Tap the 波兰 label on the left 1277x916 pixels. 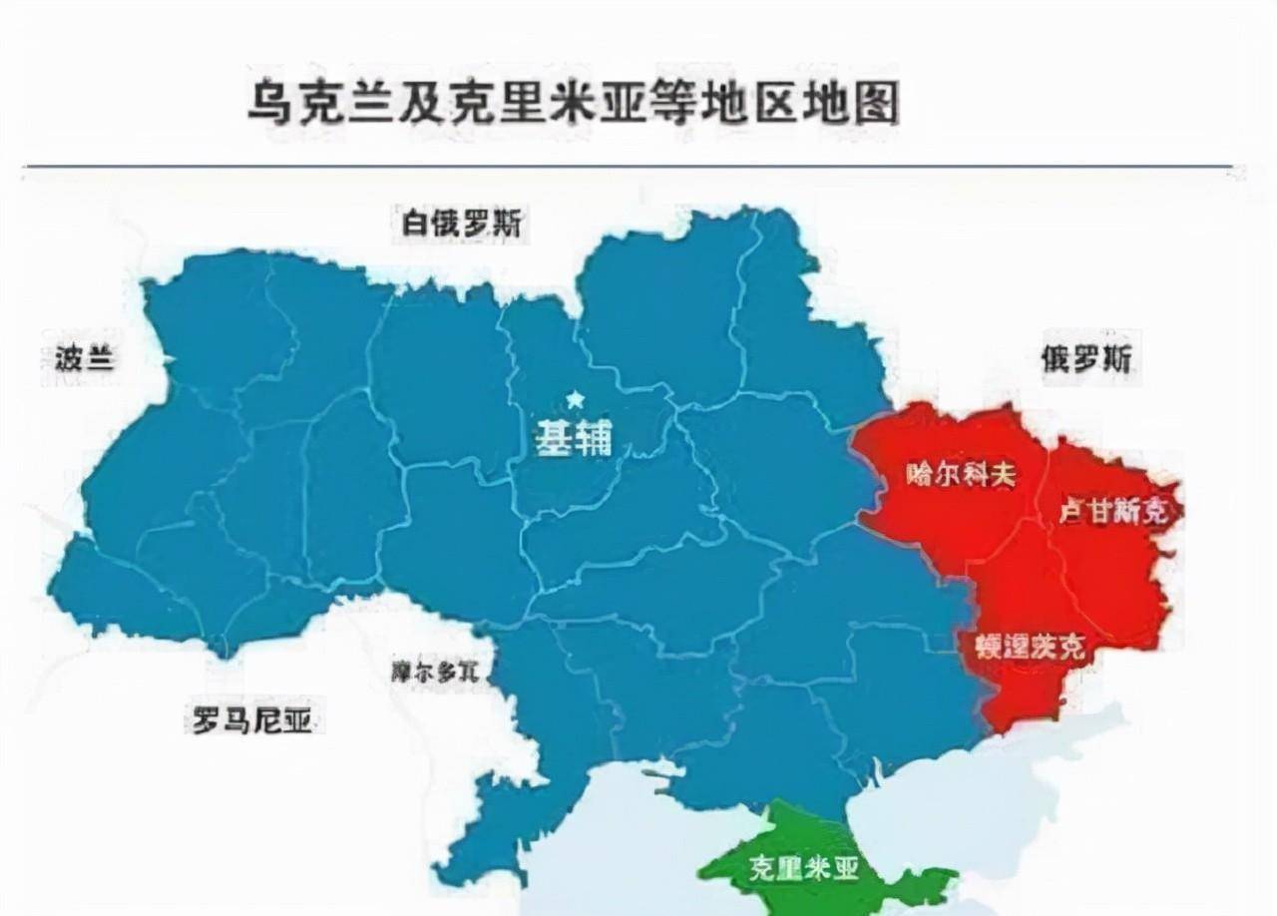coord(84,357)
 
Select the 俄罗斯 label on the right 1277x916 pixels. coord(1087,358)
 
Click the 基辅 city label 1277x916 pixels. coord(574,438)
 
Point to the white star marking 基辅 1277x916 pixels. coord(575,400)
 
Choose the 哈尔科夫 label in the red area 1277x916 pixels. coord(962,474)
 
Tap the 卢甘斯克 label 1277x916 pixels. coord(1111,512)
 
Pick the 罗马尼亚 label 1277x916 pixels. coord(245,719)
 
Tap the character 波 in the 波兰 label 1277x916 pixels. coord(69,357)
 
